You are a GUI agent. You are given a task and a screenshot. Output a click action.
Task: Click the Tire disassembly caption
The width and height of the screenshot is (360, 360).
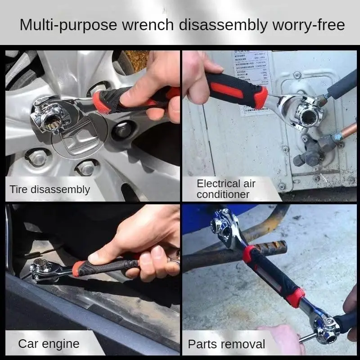point(50,189)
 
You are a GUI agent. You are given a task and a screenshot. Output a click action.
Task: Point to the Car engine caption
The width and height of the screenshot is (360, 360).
point(49,344)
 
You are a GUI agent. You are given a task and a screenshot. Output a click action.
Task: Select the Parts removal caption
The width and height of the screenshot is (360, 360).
point(226,345)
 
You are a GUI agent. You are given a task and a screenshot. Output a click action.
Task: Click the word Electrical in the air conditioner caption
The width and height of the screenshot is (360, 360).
point(219,184)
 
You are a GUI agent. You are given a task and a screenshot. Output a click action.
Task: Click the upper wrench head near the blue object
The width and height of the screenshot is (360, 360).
point(225,225)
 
